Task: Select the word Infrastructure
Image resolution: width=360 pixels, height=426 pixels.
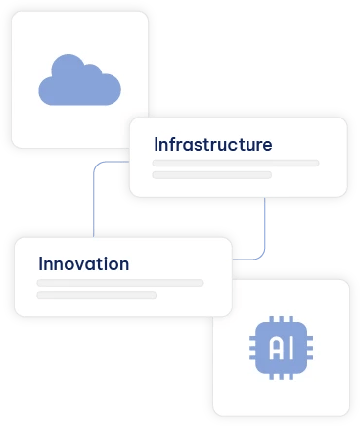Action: point(212,145)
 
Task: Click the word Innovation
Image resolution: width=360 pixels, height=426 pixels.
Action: point(83,263)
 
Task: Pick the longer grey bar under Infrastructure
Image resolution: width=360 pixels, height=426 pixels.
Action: point(236,163)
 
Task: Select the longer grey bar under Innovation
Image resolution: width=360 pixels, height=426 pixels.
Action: point(119,282)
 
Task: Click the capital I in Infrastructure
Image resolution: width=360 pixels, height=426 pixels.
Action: point(157,145)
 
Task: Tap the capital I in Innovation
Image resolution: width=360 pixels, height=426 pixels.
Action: point(40,263)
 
